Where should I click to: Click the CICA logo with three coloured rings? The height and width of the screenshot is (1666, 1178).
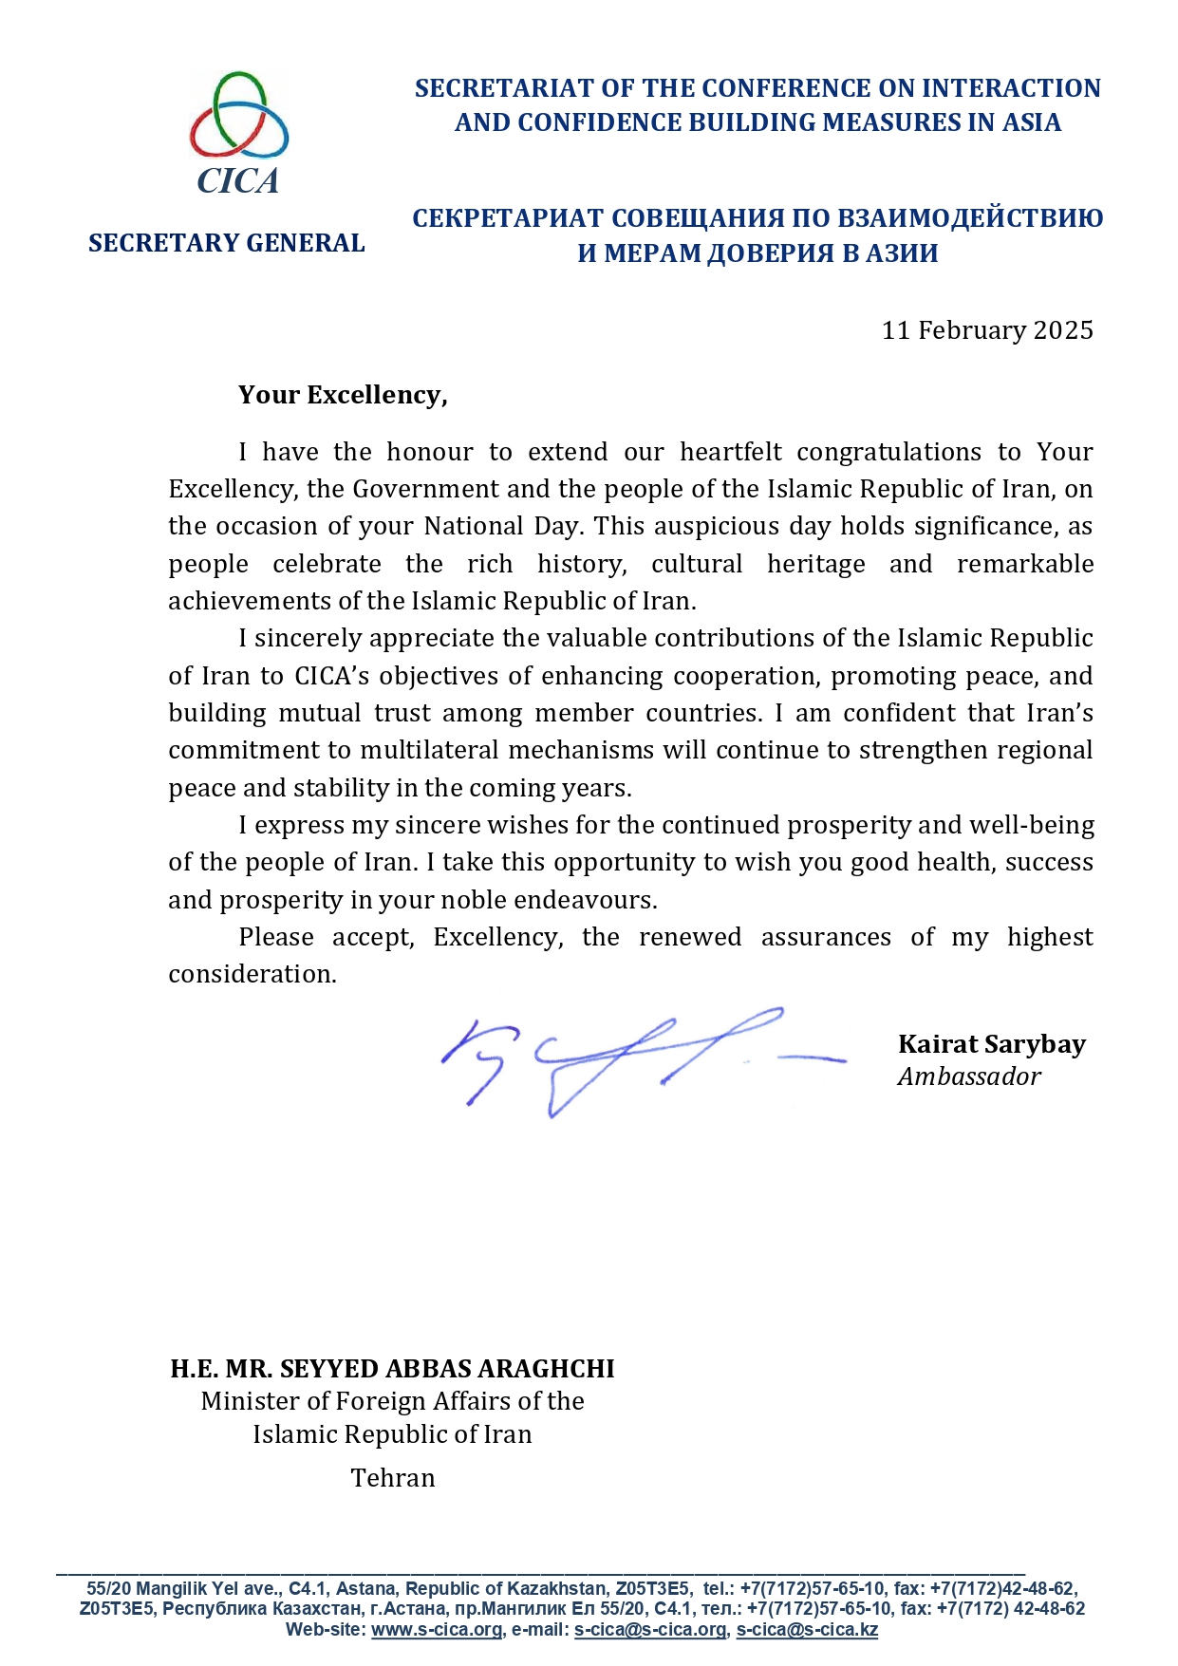point(238,116)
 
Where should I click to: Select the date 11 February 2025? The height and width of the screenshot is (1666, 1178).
point(987,330)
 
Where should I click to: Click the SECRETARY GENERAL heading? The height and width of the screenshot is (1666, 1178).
point(227,243)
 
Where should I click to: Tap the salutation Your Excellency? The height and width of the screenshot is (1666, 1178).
point(343,395)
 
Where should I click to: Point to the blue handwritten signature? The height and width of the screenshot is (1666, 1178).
point(626,1058)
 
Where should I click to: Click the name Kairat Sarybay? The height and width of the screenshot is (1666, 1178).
point(991,1044)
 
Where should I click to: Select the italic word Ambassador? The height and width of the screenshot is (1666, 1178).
point(969,1076)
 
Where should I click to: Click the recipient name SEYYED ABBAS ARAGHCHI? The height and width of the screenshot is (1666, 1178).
point(447,1369)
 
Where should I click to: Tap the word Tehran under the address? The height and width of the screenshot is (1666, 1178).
point(393,1478)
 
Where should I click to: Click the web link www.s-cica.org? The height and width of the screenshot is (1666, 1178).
point(437,1630)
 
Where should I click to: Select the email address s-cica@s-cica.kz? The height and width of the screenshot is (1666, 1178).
point(807,1630)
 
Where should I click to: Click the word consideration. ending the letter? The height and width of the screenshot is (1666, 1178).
point(252,974)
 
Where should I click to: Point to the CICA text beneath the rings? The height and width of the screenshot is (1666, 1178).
point(238,180)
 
